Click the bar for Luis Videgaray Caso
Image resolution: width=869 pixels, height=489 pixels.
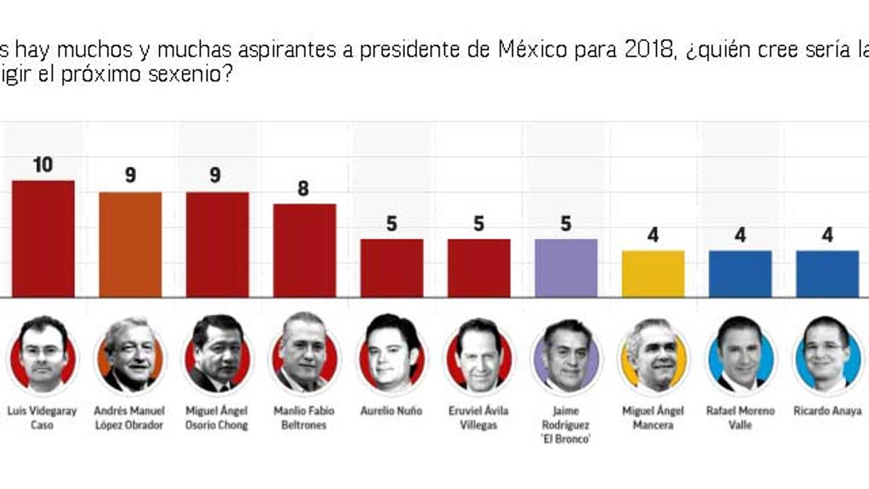click(x=43, y=238)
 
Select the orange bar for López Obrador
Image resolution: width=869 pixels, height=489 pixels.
click(x=130, y=244)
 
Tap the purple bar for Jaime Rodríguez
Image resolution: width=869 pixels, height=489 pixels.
click(x=566, y=268)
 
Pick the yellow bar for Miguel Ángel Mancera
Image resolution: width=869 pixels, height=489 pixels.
click(x=653, y=274)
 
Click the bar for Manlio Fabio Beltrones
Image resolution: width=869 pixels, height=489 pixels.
click(x=304, y=250)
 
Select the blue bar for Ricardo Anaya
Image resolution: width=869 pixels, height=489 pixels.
click(x=827, y=274)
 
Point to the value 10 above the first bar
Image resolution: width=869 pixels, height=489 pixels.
click(x=43, y=165)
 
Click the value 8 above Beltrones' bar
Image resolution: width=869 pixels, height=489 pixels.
click(x=303, y=189)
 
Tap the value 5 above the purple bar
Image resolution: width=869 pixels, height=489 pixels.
click(x=566, y=225)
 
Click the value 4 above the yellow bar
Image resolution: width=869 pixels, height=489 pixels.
click(x=653, y=235)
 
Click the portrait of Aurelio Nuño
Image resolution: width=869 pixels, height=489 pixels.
click(x=392, y=354)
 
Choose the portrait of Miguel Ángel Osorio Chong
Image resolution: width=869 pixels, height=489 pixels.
click(x=217, y=354)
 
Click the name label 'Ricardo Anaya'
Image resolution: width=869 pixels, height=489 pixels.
click(x=827, y=411)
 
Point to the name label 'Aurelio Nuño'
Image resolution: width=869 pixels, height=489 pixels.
click(x=392, y=411)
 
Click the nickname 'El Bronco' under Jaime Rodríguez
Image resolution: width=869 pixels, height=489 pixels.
click(x=566, y=439)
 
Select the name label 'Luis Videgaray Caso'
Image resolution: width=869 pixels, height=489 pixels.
click(x=43, y=418)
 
